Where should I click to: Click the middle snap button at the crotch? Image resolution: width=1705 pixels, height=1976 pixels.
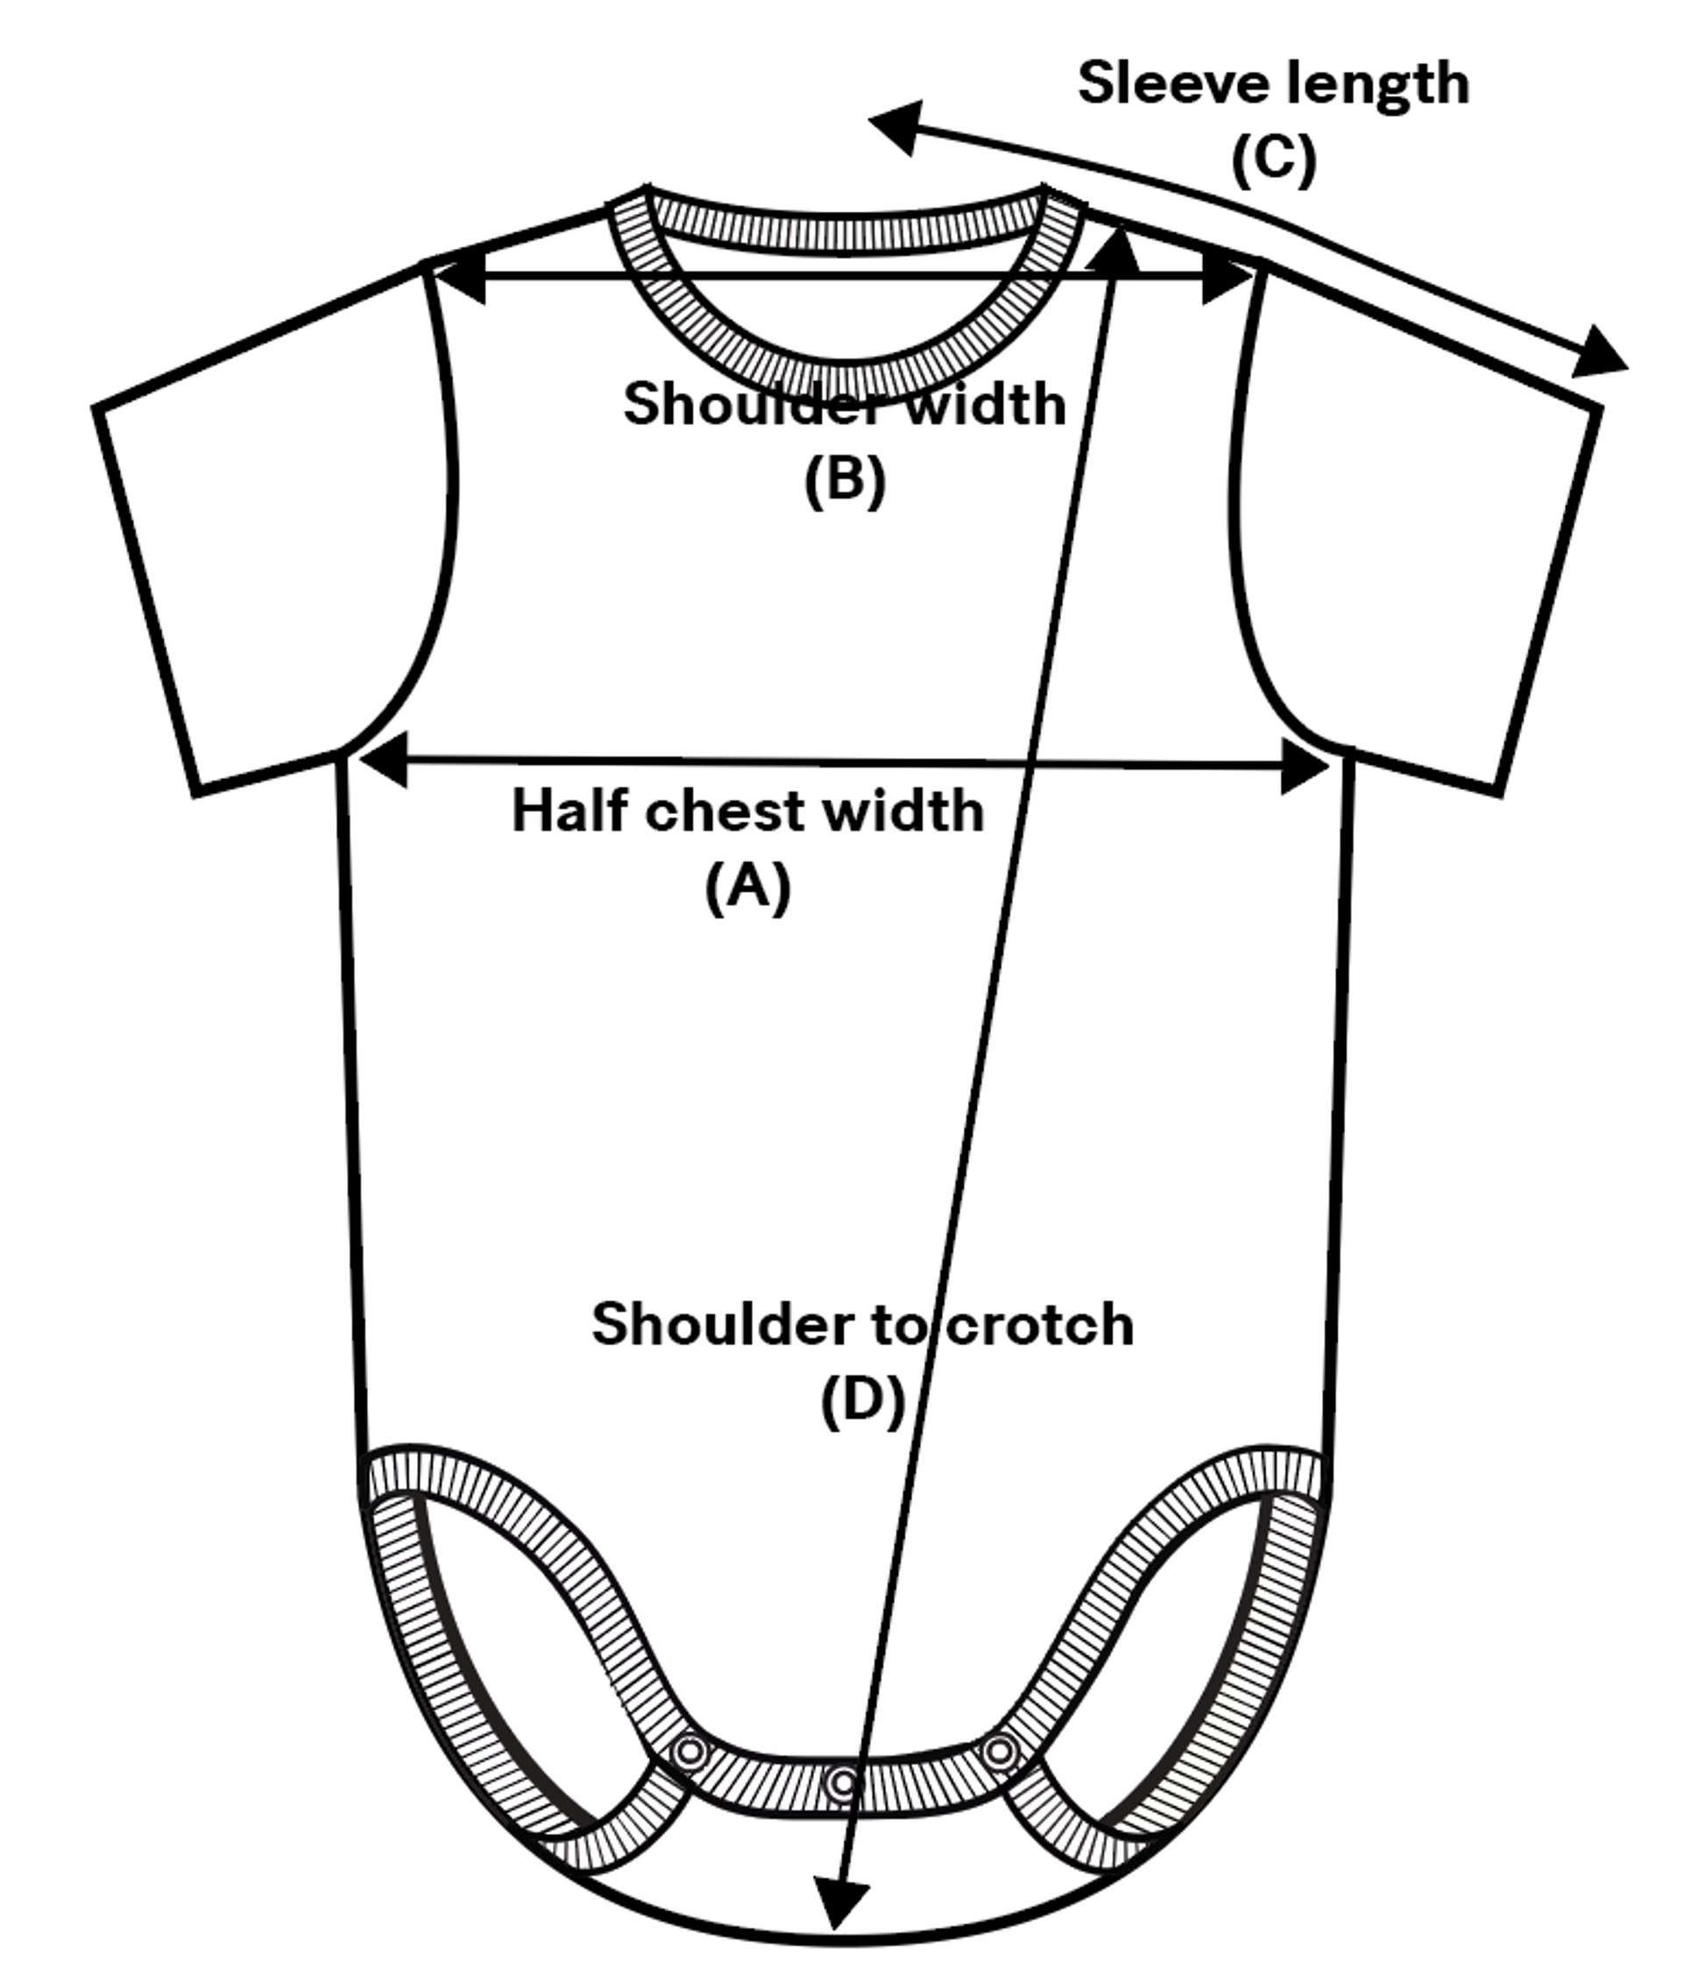point(843,1781)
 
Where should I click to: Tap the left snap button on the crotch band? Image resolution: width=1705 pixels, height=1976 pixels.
point(690,1751)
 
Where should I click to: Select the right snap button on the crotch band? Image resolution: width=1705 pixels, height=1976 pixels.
point(1001,1751)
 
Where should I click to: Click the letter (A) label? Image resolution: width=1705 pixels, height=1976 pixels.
point(747,886)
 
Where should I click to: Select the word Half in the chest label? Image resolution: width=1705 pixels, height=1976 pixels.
point(570,811)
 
